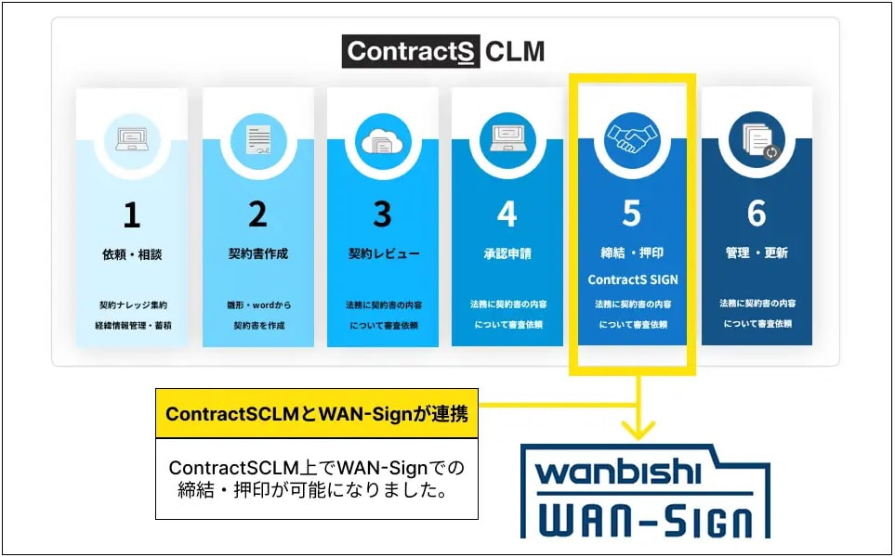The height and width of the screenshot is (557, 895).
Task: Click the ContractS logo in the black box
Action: (411, 51)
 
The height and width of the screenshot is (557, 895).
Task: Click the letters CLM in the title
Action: (515, 51)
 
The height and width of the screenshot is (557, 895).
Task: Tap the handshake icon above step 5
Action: (632, 139)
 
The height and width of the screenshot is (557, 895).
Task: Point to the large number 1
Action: (132, 215)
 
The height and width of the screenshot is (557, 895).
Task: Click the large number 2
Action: (257, 214)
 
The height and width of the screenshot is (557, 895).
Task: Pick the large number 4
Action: (507, 214)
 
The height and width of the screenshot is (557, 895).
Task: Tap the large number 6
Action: (757, 214)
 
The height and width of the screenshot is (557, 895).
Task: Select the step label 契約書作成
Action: (258, 253)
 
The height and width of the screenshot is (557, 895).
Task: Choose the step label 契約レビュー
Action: (384, 253)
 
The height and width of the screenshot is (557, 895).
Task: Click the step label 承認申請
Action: (507, 253)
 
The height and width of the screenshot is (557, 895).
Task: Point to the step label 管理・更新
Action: (757, 253)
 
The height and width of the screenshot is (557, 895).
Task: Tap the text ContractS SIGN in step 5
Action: (632, 280)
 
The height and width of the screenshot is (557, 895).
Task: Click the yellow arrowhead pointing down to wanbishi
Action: (638, 431)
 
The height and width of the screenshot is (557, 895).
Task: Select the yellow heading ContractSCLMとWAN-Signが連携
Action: (317, 414)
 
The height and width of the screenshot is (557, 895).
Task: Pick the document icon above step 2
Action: (258, 140)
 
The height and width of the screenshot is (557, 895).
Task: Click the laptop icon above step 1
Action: (132, 139)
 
